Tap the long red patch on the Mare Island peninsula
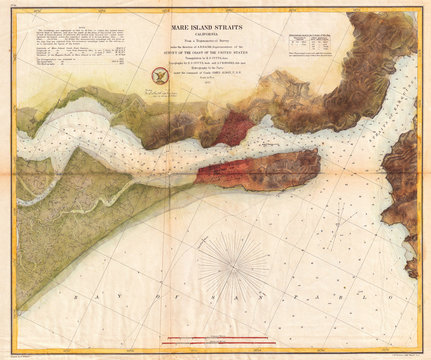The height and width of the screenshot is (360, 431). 240,171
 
